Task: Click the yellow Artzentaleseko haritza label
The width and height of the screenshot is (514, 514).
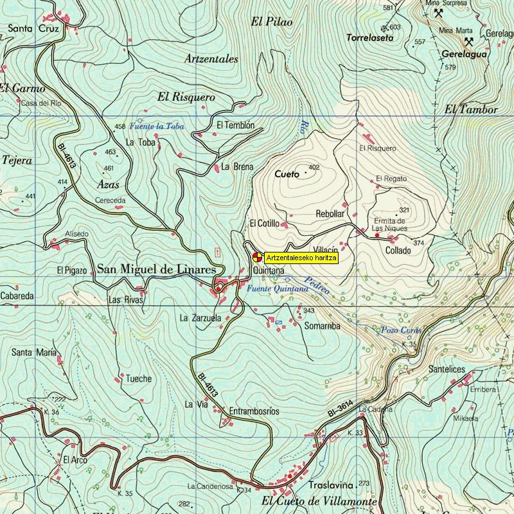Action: coord(301,258)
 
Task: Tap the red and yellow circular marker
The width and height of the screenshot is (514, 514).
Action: coord(256,258)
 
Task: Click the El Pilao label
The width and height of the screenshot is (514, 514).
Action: coord(271,22)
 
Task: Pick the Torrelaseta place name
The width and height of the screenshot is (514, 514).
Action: coord(369,38)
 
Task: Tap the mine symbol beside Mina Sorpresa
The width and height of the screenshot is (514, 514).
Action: coord(438,13)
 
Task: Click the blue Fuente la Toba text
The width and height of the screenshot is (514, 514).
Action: coord(157,127)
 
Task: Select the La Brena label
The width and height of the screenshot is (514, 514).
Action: coord(237,166)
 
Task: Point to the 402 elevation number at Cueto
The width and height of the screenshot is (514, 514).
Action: coord(314,168)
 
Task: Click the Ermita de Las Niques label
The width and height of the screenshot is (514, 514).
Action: coord(390,224)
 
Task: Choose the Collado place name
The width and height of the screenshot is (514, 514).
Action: coord(398,250)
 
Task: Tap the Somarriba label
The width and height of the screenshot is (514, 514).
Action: coord(321,326)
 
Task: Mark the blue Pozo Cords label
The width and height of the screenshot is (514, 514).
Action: coord(400,330)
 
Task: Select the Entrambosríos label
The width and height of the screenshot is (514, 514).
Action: coord(254,411)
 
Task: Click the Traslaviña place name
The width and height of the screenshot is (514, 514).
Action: coord(332,485)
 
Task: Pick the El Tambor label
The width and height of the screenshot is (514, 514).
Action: coord(471,109)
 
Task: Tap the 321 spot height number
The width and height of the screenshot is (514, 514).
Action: coord(403,210)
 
